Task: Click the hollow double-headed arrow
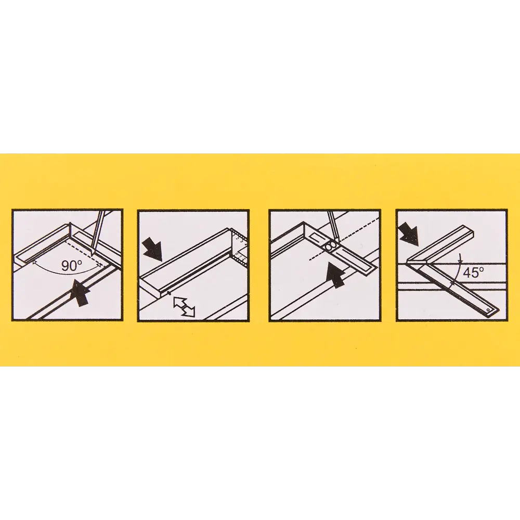[x=184, y=306]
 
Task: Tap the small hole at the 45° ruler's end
[x=488, y=309]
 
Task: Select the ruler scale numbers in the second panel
[x=239, y=245]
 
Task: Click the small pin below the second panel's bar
[x=169, y=293]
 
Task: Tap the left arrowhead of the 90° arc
[x=34, y=262]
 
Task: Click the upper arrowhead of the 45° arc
[x=459, y=256]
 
